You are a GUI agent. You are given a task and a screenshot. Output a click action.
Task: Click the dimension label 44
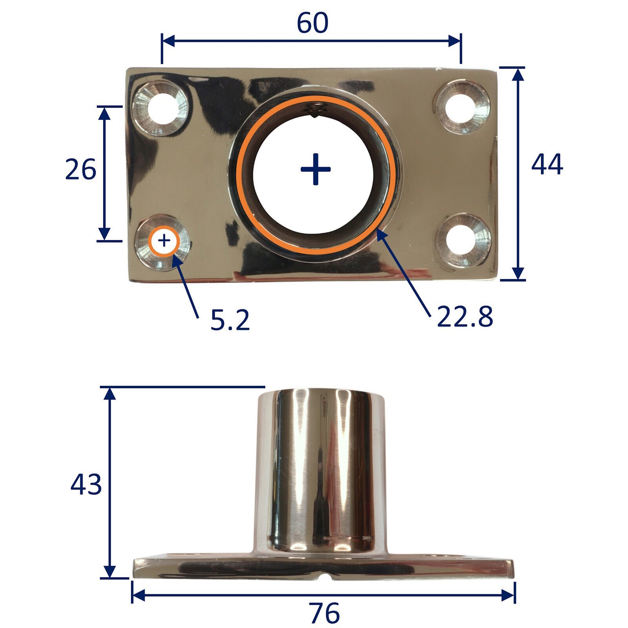[547, 164]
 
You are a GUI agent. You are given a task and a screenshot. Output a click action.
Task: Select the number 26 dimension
[80, 170]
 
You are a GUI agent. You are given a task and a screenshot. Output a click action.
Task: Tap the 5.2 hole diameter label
[230, 320]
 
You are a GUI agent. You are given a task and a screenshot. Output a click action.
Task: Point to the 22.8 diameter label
[465, 317]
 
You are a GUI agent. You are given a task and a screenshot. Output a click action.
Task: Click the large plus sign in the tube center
[316, 170]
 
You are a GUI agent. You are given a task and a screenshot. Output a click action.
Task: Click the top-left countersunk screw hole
[161, 108]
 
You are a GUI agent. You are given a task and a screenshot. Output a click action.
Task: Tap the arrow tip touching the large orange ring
[378, 232]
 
